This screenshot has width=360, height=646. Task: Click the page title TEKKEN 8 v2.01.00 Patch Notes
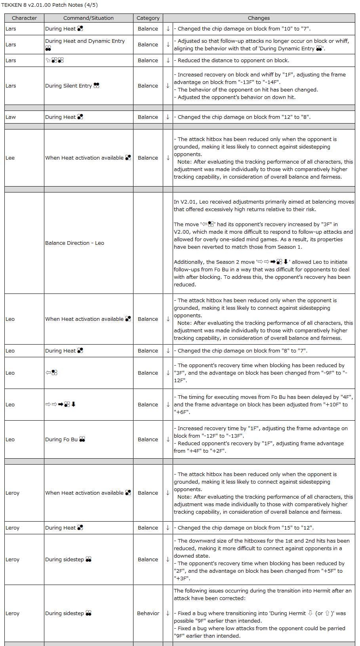pyautogui.click(x=49, y=5)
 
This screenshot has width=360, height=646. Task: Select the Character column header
pyautogui.click(x=24, y=18)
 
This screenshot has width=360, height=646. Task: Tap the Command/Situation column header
pyautogui.click(x=88, y=18)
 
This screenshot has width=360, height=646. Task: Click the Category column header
pyautogui.click(x=148, y=18)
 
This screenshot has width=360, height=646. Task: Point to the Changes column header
pyautogui.click(x=259, y=18)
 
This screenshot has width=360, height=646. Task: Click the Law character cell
pyautogui.click(x=11, y=117)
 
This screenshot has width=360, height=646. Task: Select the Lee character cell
pyautogui.click(x=10, y=158)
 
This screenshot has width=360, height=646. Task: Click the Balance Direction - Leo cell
pyautogui.click(x=74, y=243)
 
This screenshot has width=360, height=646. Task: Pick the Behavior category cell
pyautogui.click(x=148, y=613)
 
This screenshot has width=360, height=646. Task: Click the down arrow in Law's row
pyautogui.click(x=168, y=117)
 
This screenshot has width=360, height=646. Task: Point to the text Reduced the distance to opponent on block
pyautogui.click(x=233, y=60)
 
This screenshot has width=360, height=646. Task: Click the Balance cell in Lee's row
pyautogui.click(x=148, y=158)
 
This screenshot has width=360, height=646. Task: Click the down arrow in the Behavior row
pyautogui.click(x=168, y=613)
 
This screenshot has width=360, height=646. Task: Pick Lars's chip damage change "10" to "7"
pyautogui.click(x=244, y=29)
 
